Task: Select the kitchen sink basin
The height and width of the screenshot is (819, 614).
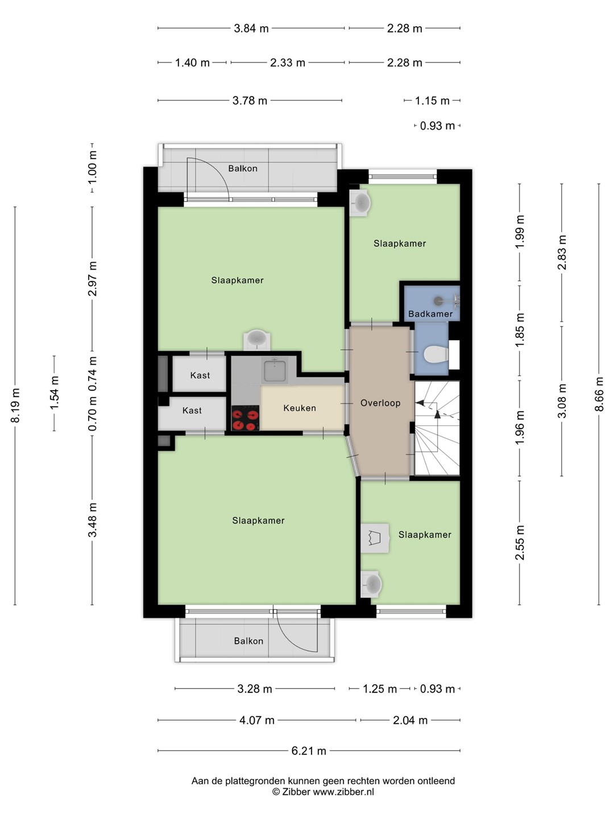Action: click(275, 371)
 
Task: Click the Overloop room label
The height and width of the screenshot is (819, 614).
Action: click(380, 403)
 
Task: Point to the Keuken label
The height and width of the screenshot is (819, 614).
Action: click(300, 408)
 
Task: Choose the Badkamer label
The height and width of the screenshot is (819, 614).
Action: click(430, 314)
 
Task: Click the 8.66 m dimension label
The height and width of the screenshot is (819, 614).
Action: click(599, 394)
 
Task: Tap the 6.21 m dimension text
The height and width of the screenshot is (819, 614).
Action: click(309, 751)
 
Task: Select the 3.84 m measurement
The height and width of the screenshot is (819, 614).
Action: click(251, 28)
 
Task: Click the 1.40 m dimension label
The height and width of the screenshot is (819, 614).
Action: click(192, 63)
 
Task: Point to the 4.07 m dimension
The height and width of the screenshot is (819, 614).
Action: click(256, 720)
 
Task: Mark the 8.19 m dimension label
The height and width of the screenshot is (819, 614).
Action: click(15, 405)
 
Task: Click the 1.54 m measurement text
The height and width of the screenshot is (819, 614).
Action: click(55, 392)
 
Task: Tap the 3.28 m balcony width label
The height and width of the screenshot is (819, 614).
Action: click(255, 689)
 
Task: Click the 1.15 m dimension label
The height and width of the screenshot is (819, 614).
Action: click(433, 101)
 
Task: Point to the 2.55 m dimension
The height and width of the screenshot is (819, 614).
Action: click(520, 543)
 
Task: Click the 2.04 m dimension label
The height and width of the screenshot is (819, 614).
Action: click(410, 720)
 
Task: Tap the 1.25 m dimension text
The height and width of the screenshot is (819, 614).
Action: click(380, 689)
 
